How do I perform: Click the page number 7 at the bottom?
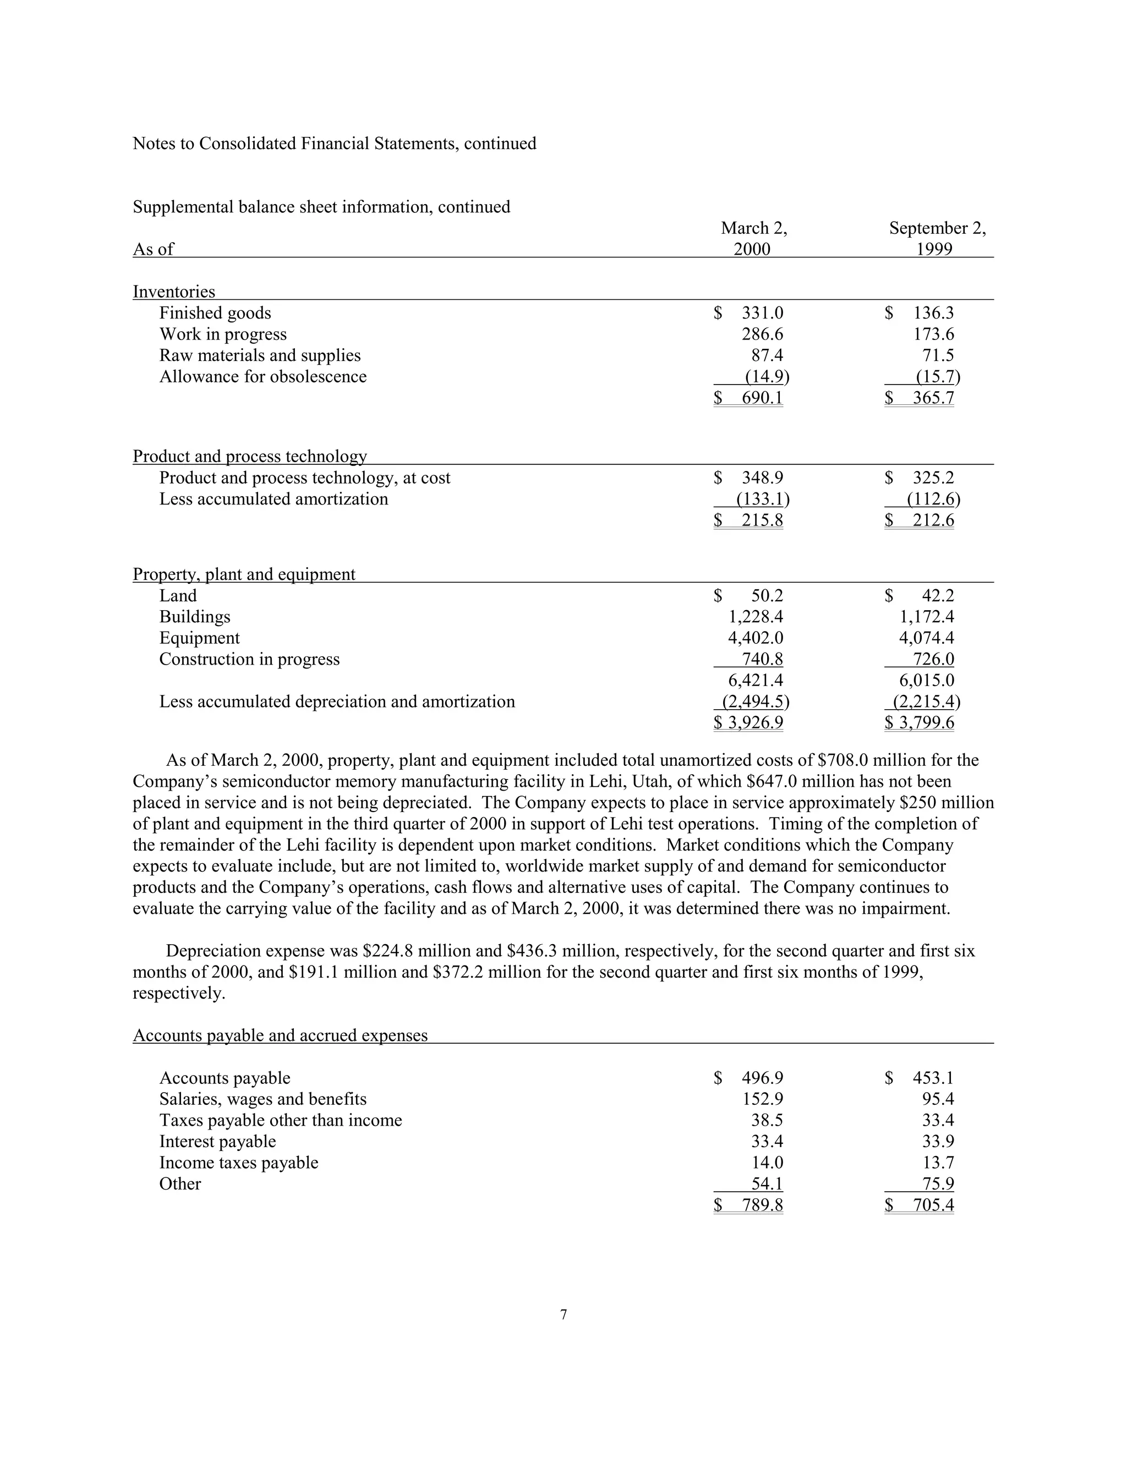pos(563,1315)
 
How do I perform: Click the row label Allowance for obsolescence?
pos(262,376)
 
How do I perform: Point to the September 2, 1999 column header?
pos(937,238)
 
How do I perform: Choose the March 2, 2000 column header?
pos(753,238)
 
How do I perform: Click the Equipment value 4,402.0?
pos(755,638)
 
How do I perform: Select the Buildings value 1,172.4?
pos(926,617)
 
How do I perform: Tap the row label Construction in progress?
pos(249,660)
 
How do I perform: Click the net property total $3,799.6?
pos(920,723)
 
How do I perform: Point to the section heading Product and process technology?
pos(250,457)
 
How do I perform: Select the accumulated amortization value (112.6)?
pos(933,500)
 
